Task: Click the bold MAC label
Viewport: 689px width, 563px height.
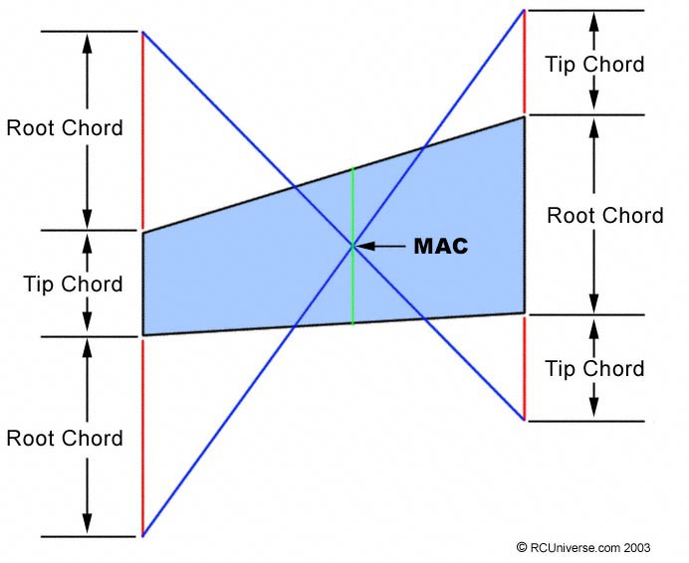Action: [441, 246]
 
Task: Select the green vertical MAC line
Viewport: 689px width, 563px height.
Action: [352, 247]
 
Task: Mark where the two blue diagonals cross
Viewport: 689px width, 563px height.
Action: [352, 246]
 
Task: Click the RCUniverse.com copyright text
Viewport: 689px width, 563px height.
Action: [583, 548]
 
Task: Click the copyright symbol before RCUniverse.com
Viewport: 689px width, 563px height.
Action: [522, 547]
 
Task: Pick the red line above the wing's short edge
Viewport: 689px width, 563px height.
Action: [142, 130]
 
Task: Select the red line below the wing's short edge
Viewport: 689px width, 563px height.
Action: [142, 438]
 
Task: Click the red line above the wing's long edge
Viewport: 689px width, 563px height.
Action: [525, 62]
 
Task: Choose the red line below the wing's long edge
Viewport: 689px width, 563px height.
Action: [525, 368]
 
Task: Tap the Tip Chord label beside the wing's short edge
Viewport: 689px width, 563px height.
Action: [73, 284]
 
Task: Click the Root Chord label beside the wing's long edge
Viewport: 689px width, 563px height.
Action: [605, 216]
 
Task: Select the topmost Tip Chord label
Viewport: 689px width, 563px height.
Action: [595, 64]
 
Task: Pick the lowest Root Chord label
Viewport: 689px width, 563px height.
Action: [65, 439]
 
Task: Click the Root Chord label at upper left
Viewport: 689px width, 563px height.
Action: [65, 127]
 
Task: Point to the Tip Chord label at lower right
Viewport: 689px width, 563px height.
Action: [595, 368]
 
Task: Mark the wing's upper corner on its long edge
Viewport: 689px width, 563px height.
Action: [525, 116]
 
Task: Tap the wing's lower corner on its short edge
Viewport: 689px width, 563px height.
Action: [143, 335]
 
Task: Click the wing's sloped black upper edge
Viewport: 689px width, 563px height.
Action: [334, 175]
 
